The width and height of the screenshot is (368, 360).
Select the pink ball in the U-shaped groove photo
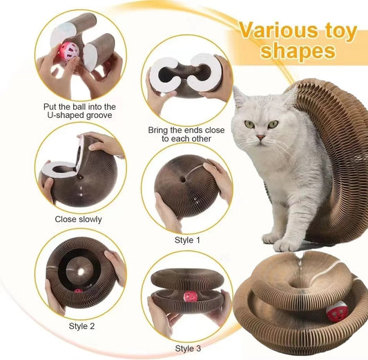[x=69, y=52]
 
